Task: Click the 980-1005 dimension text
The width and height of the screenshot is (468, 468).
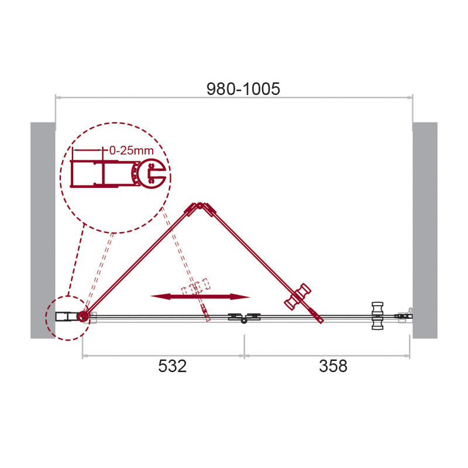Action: click(x=243, y=89)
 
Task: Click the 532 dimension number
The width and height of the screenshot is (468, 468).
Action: click(x=172, y=366)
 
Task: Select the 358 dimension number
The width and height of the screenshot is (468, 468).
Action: click(x=333, y=366)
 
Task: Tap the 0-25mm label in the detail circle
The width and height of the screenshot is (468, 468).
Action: click(x=131, y=150)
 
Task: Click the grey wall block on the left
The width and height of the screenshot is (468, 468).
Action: click(x=43, y=230)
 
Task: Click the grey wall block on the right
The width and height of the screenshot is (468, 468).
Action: click(x=425, y=230)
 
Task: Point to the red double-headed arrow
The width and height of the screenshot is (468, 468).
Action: click(x=200, y=297)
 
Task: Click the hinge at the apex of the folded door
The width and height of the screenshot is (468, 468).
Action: click(x=199, y=206)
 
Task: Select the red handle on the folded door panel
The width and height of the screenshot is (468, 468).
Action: click(x=297, y=297)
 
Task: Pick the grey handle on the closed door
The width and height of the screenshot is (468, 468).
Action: click(x=377, y=316)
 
